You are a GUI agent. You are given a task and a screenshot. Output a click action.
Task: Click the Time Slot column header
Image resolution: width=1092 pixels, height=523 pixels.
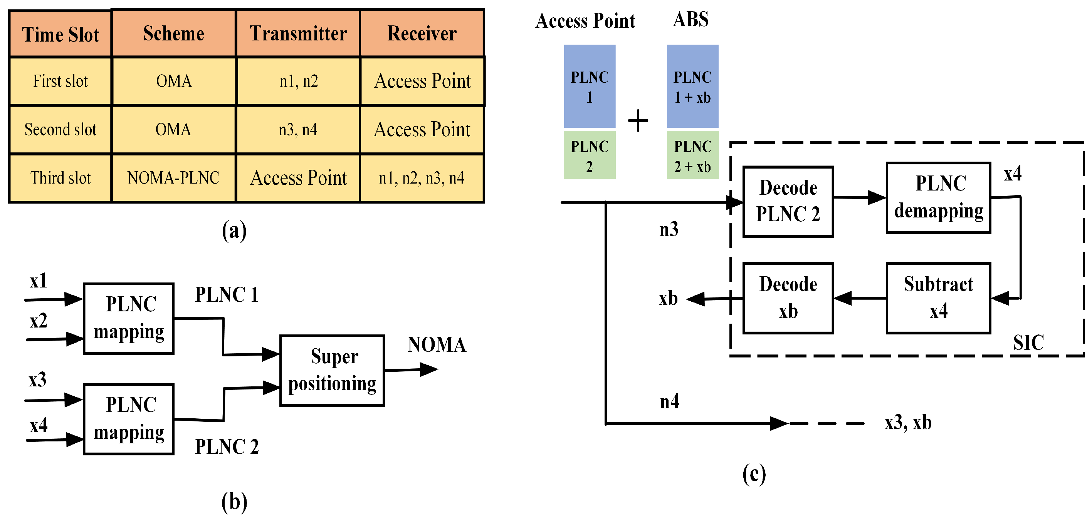click(x=60, y=34)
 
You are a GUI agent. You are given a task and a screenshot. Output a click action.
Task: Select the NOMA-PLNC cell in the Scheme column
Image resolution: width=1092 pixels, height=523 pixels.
click(x=173, y=178)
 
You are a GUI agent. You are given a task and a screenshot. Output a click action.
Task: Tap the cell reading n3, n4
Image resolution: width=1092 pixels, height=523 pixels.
click(x=298, y=130)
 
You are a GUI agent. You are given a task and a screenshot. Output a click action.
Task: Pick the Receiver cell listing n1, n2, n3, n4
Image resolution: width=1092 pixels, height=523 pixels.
click(x=422, y=178)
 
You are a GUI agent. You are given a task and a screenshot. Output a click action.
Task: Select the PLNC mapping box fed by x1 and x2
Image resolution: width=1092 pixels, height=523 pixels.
click(x=129, y=319)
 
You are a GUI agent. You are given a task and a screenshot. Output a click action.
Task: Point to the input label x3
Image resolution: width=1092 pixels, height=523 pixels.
click(x=37, y=380)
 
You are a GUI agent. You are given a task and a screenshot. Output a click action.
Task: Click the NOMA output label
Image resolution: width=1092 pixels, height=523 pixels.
click(x=437, y=345)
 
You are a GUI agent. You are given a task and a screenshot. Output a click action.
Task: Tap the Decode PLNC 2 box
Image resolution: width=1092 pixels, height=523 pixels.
click(x=788, y=202)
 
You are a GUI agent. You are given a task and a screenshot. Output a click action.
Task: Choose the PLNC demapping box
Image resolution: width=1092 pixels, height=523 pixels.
click(x=939, y=198)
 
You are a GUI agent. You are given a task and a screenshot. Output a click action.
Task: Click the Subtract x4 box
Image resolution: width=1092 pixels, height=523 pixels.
click(x=939, y=298)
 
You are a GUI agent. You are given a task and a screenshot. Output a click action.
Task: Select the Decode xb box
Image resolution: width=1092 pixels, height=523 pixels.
click(x=788, y=298)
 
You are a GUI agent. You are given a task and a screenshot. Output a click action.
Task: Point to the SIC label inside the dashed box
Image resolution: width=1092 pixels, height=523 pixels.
click(x=1028, y=343)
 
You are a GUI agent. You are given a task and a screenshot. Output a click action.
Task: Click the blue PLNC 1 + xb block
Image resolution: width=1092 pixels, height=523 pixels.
click(x=692, y=86)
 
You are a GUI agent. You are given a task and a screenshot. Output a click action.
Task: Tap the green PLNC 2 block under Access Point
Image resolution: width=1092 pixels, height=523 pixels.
click(x=589, y=155)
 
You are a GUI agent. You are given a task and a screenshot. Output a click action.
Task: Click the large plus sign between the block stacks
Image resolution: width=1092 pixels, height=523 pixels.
click(x=638, y=121)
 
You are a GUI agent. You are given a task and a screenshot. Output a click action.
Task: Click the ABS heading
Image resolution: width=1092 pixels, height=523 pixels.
click(x=690, y=20)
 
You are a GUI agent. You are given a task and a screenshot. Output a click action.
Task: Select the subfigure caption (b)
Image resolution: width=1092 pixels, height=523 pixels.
click(x=234, y=502)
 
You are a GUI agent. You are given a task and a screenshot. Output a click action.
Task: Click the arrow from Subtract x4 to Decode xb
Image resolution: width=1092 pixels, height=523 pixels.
click(x=860, y=298)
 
